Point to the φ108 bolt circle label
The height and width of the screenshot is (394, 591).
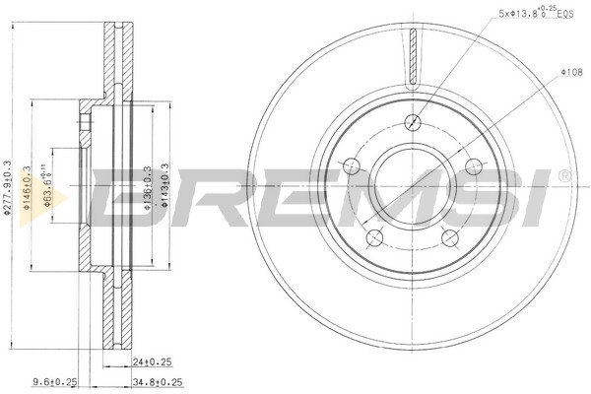pos(572,72)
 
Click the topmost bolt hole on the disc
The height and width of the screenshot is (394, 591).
pos(413,122)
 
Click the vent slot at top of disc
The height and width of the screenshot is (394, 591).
pos(413,54)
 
